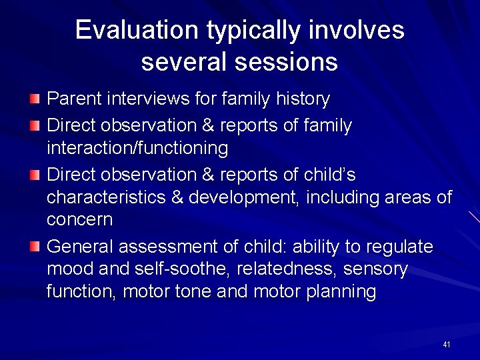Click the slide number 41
[446, 345]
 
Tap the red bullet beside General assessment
[35, 247]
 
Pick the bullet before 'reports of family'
[35, 125]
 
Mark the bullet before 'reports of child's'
[35, 175]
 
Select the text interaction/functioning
[137, 148]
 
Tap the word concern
[79, 220]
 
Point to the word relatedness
[259, 269]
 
